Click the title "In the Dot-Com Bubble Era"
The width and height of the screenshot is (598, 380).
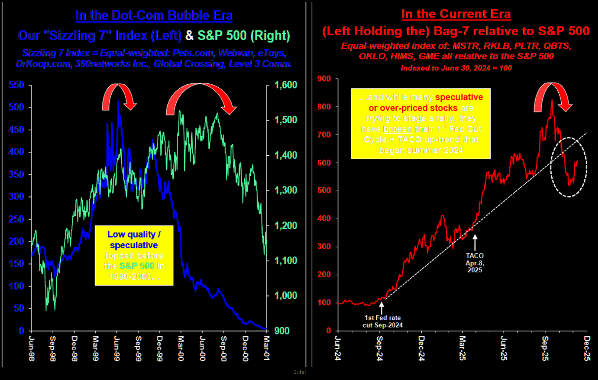point(154,15)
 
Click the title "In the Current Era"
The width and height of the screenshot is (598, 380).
point(456,14)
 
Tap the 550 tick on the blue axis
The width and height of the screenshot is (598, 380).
point(16,85)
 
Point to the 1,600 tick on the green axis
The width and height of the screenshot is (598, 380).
point(286,85)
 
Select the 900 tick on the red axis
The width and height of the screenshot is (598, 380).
point(324,79)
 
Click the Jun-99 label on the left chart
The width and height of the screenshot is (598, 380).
point(117,348)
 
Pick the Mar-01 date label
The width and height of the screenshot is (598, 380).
point(266,348)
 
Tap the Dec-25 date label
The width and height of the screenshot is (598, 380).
point(587,348)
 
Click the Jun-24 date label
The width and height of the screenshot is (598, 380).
point(338,348)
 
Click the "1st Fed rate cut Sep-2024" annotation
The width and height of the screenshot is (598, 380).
point(383,321)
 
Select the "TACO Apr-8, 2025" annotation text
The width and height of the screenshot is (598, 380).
point(475,263)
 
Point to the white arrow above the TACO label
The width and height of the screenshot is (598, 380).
point(475,242)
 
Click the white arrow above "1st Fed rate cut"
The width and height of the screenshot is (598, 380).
point(382,308)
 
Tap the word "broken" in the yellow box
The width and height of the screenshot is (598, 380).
point(397,129)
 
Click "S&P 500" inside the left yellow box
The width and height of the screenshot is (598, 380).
point(137,266)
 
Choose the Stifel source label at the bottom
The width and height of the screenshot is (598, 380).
point(299,372)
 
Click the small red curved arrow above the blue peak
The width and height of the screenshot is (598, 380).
point(119,96)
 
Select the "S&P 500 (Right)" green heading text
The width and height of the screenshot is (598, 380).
point(244,36)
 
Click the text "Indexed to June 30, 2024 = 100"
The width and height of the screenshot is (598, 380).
point(456,68)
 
